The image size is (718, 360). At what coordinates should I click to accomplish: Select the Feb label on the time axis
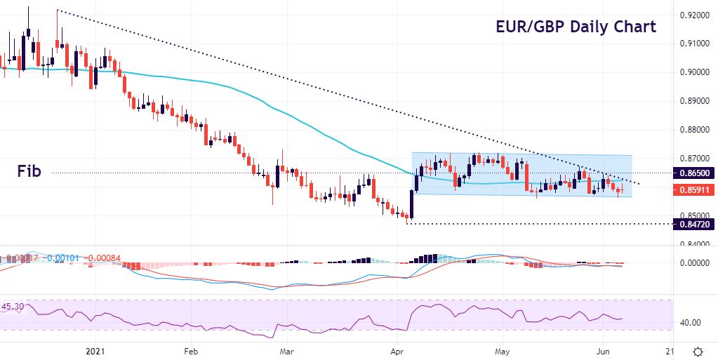(190, 350)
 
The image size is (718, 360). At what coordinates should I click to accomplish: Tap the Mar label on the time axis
(286, 350)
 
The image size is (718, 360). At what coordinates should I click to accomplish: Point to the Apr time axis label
(398, 350)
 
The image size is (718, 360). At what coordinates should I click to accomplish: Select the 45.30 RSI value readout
(13, 307)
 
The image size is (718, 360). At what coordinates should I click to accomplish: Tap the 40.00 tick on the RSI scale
(691, 323)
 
